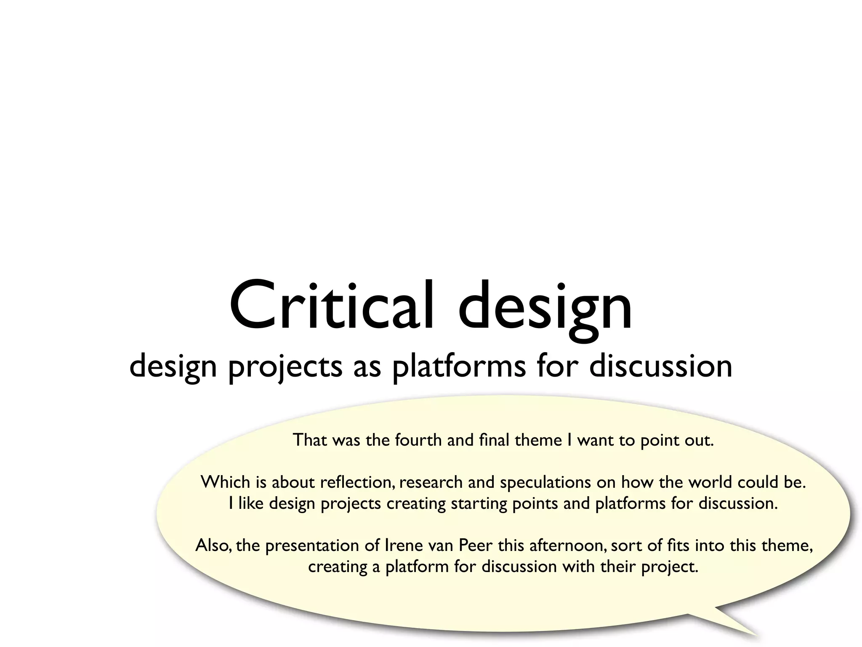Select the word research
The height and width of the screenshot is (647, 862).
431,482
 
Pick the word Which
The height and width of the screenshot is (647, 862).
225,482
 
